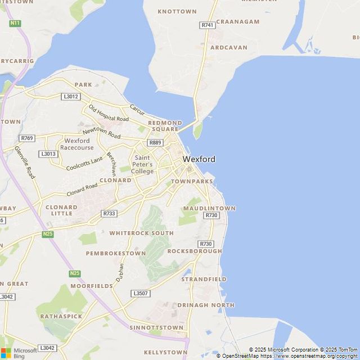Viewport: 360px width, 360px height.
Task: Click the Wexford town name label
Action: coord(199,159)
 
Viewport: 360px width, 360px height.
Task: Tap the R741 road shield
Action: coord(208,25)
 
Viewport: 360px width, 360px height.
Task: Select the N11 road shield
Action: coord(15,23)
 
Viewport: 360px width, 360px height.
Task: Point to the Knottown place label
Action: coord(177,11)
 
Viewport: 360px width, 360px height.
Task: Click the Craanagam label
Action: coord(238,22)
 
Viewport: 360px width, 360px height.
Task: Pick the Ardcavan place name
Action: coord(228,48)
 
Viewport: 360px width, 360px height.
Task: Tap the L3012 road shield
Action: coord(71,97)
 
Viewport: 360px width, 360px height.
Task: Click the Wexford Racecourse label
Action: coord(77,144)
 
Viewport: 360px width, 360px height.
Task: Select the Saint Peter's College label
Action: coord(142,164)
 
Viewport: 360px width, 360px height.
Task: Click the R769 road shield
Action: coord(26,138)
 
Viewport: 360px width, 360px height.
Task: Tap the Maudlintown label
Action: coord(209,208)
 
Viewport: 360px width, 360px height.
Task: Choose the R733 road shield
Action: coord(109,214)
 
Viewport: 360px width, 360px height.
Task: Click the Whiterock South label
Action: coord(141,233)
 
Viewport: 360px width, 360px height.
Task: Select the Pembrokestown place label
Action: coord(115,254)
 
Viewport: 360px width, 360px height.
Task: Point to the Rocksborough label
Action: coord(195,251)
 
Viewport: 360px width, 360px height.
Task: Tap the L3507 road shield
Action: coord(141,294)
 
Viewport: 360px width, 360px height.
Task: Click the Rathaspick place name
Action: coord(61,316)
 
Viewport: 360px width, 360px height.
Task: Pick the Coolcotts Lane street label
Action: coord(84,164)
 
